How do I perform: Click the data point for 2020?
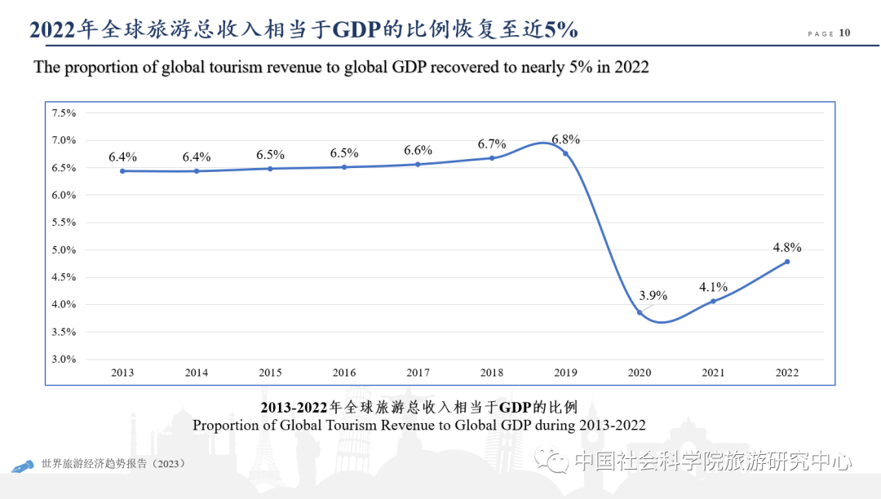pos(640,312)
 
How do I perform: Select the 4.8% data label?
pos(787,247)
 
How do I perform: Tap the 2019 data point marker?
pos(565,153)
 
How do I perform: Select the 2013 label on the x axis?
pos(122,373)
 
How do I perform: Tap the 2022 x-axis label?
pos(787,373)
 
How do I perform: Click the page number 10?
pos(844,33)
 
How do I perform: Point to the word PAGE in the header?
pos(821,34)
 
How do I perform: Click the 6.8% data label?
pos(565,139)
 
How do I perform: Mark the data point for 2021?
pos(713,301)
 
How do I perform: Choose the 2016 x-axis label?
pos(344,373)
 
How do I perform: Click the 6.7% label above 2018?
pos(492,144)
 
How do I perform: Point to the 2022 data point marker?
pos(787,262)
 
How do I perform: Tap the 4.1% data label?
pos(713,287)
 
